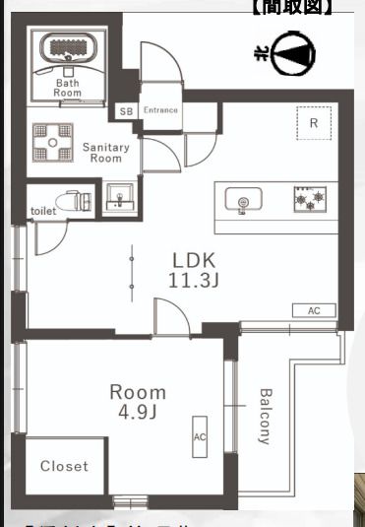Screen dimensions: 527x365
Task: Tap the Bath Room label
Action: tap(67, 89)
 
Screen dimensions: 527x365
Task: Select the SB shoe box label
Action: tap(126, 110)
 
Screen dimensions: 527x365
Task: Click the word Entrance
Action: tap(160, 110)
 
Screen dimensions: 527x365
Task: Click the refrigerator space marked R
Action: tap(313, 123)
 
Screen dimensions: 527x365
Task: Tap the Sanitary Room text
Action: tap(105, 153)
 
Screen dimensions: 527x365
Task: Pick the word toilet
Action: tap(43, 211)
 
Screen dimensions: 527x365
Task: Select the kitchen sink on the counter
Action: tap(242, 202)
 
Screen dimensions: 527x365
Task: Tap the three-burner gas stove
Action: tap(306, 201)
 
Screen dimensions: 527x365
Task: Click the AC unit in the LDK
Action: tap(314, 310)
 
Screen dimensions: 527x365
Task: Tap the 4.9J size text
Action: tap(135, 412)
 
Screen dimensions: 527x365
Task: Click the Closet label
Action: tap(64, 466)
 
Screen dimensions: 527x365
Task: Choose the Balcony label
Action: tap(265, 417)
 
